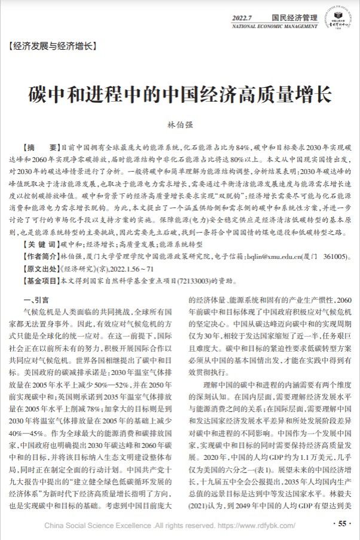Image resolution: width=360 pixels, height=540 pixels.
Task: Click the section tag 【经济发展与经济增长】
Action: pos(52,45)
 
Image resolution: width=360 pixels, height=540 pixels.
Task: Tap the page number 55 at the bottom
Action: pos(341,524)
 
